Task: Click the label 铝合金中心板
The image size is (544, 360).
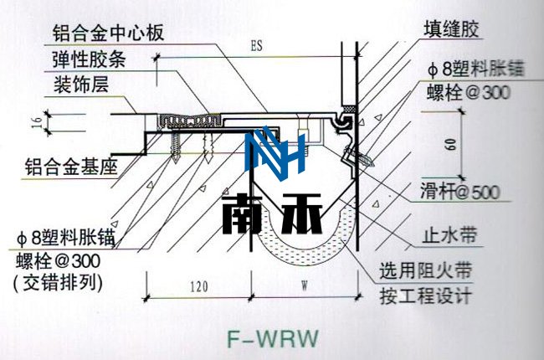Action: tap(107, 33)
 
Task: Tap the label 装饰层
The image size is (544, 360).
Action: tap(82, 85)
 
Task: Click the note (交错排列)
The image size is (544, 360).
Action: tap(57, 281)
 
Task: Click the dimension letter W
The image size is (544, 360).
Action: tap(304, 286)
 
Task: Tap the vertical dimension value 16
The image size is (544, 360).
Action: tap(36, 122)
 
